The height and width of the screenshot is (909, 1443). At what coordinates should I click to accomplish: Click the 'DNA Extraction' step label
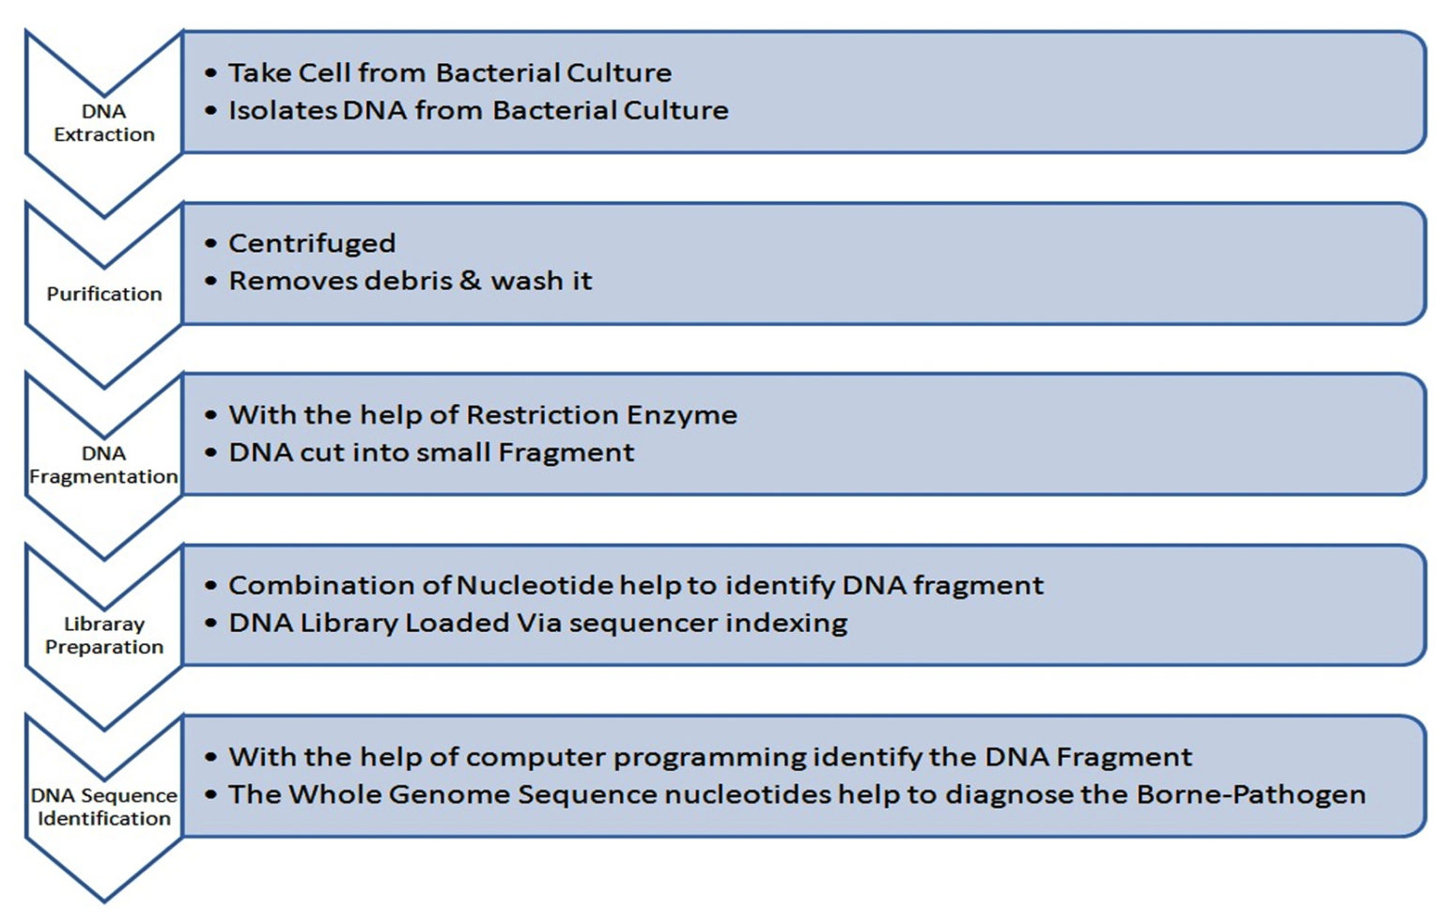[x=103, y=123]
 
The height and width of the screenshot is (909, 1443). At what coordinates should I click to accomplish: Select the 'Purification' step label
[x=104, y=294]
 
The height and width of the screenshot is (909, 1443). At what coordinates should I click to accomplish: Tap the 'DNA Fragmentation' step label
[x=103, y=465]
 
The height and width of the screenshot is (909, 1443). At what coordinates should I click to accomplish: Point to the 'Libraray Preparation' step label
[x=104, y=636]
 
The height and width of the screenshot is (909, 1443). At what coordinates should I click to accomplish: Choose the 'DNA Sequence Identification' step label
[x=103, y=807]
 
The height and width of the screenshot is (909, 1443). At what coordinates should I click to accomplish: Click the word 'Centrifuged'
[x=312, y=244]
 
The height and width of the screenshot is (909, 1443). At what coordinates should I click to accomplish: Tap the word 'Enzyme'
[x=682, y=416]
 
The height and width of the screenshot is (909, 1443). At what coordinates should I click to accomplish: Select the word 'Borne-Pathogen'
[x=1250, y=795]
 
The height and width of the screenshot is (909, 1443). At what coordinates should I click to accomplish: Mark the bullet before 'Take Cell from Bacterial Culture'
[x=211, y=73]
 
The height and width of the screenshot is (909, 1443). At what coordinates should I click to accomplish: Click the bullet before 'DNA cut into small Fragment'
[x=211, y=453]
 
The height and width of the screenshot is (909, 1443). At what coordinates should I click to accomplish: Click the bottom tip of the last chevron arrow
[x=103, y=901]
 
